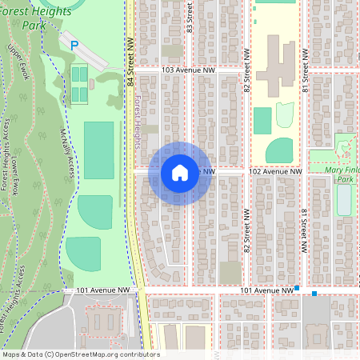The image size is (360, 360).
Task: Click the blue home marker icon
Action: point(179,173)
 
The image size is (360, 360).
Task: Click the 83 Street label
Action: point(190,19)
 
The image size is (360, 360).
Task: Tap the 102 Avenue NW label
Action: point(275,171)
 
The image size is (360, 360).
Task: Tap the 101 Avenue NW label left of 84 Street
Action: point(103,290)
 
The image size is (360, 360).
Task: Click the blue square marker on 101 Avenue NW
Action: point(297,288)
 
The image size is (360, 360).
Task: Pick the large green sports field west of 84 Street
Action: point(99,150)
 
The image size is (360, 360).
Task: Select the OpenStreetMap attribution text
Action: point(80,354)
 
